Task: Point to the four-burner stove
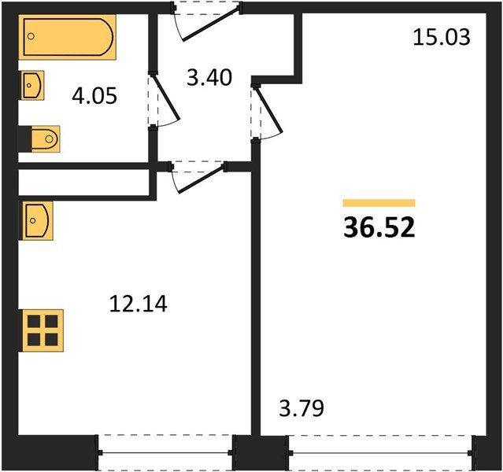[x=42, y=330]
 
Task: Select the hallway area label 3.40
[x=209, y=78]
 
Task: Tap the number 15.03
[x=441, y=37]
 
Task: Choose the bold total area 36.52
[x=379, y=227]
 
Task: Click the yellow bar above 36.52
[x=379, y=203]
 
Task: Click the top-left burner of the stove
[x=34, y=322]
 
